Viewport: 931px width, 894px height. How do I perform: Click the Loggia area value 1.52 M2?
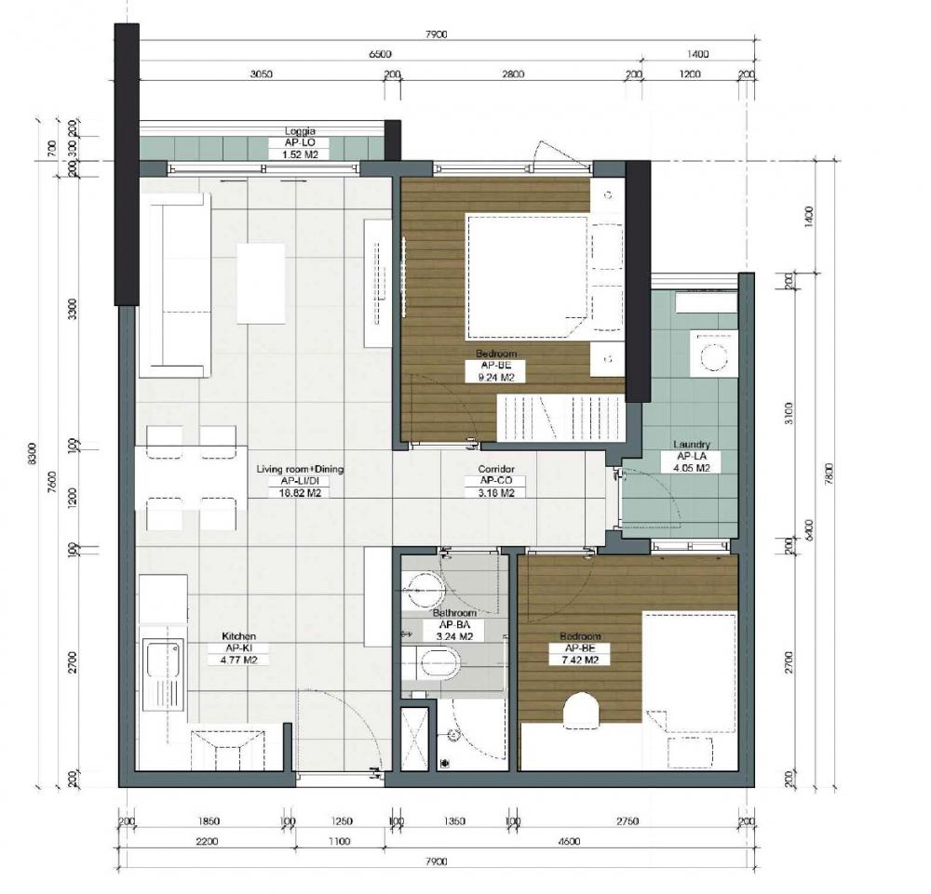point(293,154)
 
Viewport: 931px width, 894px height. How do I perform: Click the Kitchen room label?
point(240,636)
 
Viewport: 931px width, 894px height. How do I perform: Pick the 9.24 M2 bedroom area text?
point(491,377)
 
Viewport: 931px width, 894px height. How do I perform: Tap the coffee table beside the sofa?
point(261,283)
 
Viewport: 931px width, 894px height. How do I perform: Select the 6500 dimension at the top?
point(380,54)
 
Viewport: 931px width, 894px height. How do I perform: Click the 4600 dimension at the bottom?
point(569,841)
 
